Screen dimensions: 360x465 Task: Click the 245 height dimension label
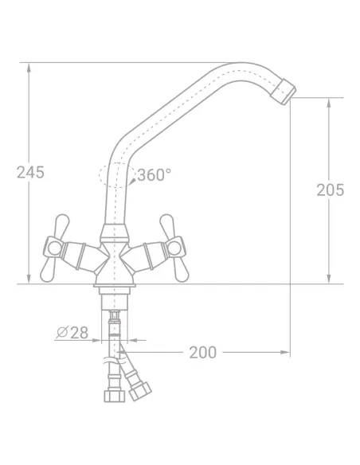click(x=30, y=172)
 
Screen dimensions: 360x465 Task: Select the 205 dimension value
click(x=330, y=190)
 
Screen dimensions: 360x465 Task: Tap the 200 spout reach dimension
click(x=203, y=352)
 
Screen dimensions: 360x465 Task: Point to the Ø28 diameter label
click(x=72, y=333)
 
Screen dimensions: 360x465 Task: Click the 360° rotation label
click(x=155, y=174)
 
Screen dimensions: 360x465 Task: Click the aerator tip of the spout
click(x=284, y=92)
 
